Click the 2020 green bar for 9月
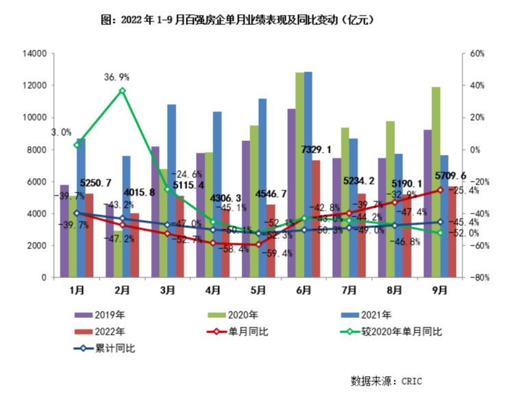click(436, 182)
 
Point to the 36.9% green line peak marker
click(122, 91)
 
